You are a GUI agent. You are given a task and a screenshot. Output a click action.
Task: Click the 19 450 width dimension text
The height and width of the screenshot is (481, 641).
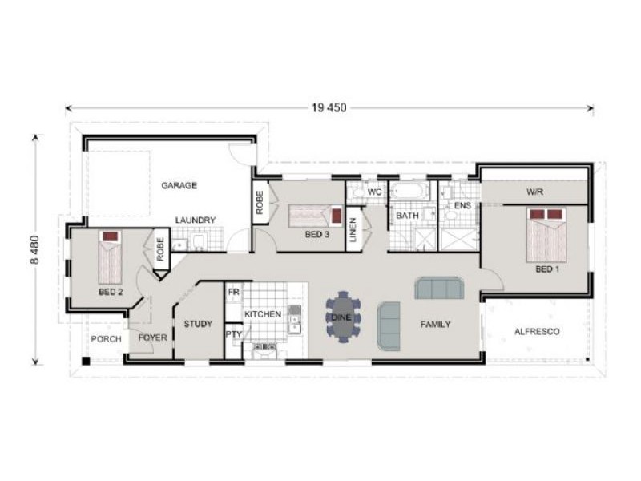329,108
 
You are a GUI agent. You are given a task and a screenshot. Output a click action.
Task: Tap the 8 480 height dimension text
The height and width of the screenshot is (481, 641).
35,249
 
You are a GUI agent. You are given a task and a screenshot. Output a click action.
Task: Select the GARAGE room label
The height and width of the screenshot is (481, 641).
179,185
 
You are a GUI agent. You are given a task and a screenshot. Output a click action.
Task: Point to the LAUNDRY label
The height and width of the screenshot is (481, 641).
196,220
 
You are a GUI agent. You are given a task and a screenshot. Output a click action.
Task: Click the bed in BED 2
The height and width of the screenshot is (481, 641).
110,257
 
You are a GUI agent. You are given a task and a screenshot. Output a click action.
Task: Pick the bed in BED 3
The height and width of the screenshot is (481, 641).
316,216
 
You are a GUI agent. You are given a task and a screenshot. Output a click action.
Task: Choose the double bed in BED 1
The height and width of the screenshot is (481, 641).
546,235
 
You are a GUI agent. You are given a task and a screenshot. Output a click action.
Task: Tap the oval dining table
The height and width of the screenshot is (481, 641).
343,317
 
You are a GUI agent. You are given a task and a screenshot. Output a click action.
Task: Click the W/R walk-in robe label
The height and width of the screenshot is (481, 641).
534,192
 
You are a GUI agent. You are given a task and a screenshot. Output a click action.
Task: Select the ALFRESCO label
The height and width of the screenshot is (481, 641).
537,331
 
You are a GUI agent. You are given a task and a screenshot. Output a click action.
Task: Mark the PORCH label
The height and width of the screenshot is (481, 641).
106,338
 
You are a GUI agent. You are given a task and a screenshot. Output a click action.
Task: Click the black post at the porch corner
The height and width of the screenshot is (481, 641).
86,361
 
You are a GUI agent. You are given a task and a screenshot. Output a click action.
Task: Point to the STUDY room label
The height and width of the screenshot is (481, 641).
198,324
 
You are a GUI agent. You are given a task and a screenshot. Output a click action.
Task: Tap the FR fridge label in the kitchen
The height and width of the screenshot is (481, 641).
233,292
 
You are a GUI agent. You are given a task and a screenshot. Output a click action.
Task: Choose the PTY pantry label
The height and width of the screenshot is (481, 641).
234,334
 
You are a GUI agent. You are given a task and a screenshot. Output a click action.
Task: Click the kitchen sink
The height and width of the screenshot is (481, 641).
294,320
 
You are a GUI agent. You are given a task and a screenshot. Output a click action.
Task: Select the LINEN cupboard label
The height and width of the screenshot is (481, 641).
353,229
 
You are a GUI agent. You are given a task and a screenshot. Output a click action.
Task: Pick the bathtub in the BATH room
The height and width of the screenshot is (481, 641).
409,192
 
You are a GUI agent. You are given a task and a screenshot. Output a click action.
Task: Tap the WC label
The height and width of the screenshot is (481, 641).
374,192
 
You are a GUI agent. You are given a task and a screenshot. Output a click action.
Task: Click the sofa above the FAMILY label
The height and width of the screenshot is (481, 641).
439,289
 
